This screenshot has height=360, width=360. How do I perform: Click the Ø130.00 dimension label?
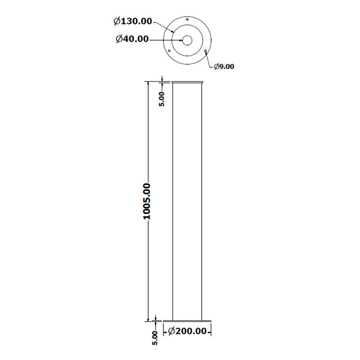pyautogui.click(x=133, y=21)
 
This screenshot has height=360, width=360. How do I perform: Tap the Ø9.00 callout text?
pyautogui.click(x=224, y=67)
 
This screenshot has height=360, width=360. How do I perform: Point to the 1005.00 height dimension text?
pyautogui.click(x=147, y=201)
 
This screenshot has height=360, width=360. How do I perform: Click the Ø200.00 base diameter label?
pyautogui.click(x=187, y=331)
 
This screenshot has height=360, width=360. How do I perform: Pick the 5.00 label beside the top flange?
pyautogui.click(x=161, y=99)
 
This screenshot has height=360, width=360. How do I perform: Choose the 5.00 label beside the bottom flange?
pyautogui.click(x=155, y=338)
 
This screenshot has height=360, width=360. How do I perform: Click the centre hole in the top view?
pyautogui.click(x=187, y=40)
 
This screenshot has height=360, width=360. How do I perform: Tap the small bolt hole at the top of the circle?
pyautogui.click(x=187, y=20)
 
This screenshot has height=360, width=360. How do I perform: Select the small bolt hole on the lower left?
pyautogui.click(x=169, y=51)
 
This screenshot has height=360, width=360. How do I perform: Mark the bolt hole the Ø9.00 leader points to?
pyautogui.click(x=205, y=51)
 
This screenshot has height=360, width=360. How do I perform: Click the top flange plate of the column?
pyautogui.click(x=187, y=82)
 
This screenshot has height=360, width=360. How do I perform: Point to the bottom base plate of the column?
pyautogui.click(x=187, y=321)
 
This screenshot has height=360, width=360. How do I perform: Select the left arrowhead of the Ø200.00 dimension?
pyautogui.click(x=165, y=331)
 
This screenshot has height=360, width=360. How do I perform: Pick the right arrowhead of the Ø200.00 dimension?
pyautogui.click(x=209, y=331)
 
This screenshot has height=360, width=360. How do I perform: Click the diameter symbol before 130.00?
pyautogui.click(x=117, y=21)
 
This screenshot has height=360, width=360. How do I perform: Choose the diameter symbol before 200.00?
pyautogui.click(x=171, y=331)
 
